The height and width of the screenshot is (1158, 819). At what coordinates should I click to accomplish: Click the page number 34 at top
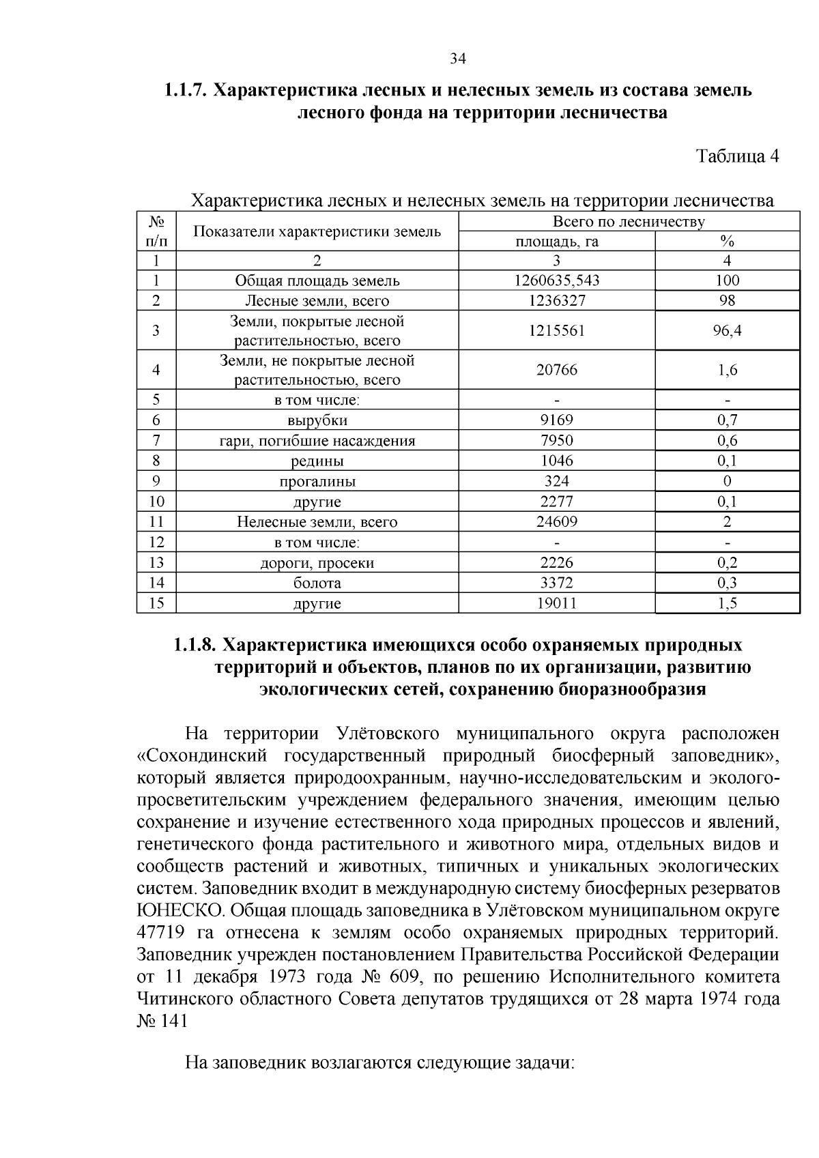tap(457, 59)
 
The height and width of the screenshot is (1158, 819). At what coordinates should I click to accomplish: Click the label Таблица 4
tap(737, 156)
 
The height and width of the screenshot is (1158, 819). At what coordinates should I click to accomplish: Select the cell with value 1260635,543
tap(556, 280)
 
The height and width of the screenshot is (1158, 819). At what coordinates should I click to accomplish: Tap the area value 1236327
tap(556, 300)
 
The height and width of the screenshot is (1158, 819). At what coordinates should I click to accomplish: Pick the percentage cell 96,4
tap(727, 330)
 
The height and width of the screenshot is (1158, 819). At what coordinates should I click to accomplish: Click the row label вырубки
tap(317, 420)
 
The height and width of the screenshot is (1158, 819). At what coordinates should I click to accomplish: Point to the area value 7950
tap(556, 441)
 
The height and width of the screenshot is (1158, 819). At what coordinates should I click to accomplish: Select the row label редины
tap(317, 461)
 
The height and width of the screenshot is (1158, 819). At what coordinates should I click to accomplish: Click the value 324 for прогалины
tap(556, 481)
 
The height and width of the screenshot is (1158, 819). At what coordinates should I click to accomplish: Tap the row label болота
tap(317, 583)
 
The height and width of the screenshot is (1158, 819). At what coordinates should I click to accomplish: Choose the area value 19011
tap(556, 603)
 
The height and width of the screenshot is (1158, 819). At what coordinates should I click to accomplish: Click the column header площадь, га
tap(556, 241)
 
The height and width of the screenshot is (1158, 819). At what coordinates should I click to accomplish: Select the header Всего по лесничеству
tap(628, 221)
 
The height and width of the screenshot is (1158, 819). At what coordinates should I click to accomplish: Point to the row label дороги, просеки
tap(317, 563)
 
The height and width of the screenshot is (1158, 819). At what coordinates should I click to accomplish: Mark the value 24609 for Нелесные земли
tap(556, 522)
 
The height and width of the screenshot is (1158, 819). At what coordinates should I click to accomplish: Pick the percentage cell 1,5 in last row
tap(727, 603)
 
